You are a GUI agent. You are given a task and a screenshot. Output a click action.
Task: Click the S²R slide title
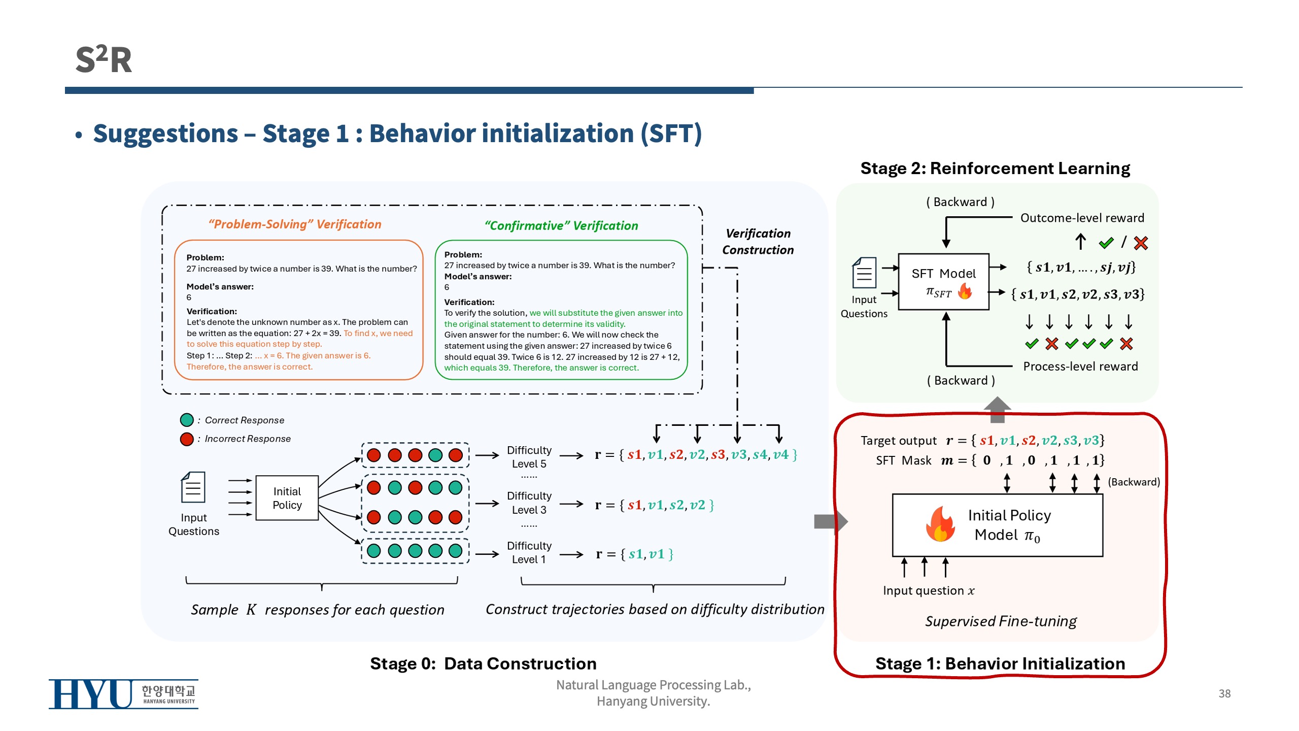tap(104, 59)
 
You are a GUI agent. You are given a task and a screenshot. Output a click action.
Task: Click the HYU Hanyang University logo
tap(123, 693)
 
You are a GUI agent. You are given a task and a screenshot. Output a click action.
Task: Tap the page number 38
tap(1224, 693)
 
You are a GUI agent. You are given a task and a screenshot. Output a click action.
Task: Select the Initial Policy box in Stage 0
tap(287, 498)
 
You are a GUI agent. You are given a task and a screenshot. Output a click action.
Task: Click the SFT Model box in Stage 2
tap(943, 282)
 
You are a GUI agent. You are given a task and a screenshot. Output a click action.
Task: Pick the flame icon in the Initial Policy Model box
tap(940, 524)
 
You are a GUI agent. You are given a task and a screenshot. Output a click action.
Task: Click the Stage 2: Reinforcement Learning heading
tap(995, 168)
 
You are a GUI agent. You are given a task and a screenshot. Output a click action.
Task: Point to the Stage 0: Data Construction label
tap(483, 663)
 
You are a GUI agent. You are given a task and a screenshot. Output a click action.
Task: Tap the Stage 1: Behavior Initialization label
tap(1000, 663)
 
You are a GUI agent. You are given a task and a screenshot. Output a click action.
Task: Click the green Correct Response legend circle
tap(187, 420)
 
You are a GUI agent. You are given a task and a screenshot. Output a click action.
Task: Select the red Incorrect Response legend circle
tap(187, 439)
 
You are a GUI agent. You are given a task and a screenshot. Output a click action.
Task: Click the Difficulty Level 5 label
tap(529, 457)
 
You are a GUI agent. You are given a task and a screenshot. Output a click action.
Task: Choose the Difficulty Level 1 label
tap(529, 552)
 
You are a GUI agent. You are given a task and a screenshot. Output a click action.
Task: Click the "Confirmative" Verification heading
tap(561, 225)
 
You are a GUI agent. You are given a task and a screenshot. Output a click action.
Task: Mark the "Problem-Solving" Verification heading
tap(295, 224)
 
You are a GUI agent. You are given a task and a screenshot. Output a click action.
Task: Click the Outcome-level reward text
tap(1082, 218)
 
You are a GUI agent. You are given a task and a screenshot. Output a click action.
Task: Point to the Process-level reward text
tap(1080, 366)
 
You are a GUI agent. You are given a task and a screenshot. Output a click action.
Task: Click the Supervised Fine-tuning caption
tap(1001, 621)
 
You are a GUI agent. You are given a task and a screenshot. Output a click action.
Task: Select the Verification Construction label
tap(758, 242)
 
